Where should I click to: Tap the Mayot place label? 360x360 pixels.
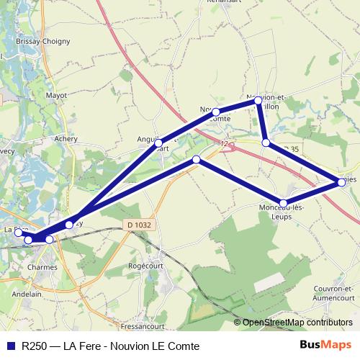(x=56, y=94)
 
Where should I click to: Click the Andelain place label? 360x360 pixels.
(x=27, y=294)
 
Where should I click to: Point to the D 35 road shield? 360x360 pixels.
(x=290, y=148)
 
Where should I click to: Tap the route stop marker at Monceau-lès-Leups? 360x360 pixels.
(x=284, y=203)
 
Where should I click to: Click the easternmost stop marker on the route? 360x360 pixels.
(x=341, y=182)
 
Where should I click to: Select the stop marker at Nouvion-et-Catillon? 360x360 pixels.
(x=258, y=102)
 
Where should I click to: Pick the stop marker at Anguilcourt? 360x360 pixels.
(x=158, y=143)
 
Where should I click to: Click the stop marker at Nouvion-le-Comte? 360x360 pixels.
(x=215, y=112)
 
